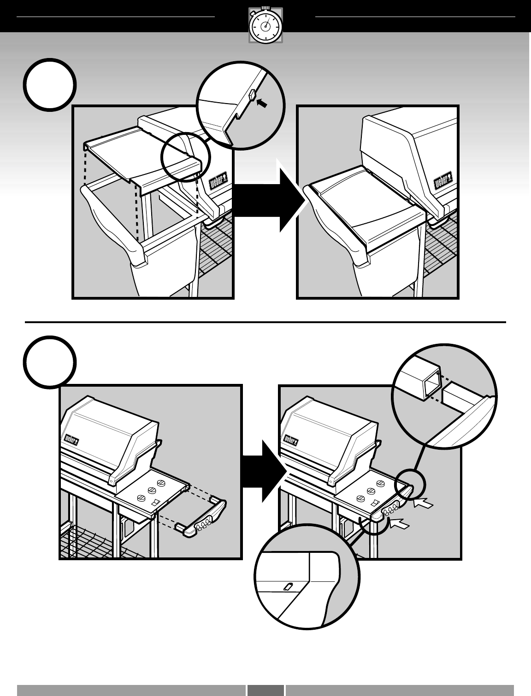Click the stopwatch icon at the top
(265, 25)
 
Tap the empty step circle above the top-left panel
(50, 85)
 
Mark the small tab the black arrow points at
(252, 95)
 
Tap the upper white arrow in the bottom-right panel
(424, 505)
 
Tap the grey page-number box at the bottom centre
(265, 690)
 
